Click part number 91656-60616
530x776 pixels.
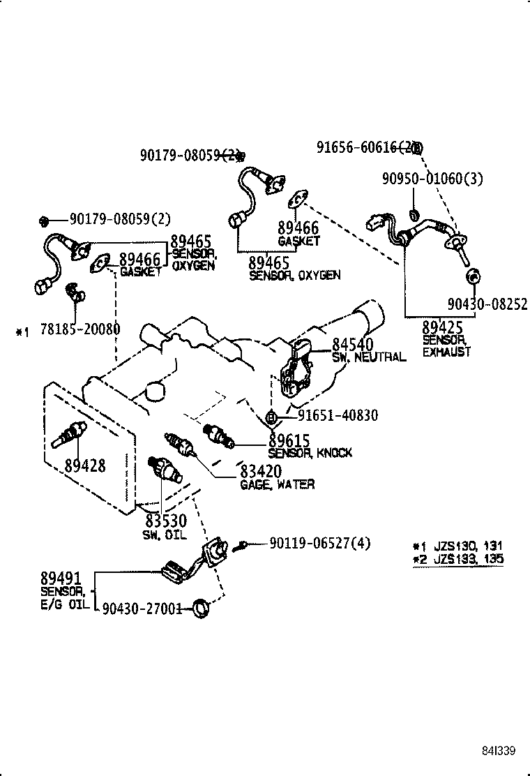click(x=356, y=147)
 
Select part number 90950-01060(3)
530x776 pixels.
click(x=432, y=179)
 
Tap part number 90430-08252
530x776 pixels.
click(x=486, y=304)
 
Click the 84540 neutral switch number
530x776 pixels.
click(x=352, y=344)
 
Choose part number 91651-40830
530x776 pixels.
click(x=338, y=416)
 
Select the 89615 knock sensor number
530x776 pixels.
click(x=289, y=440)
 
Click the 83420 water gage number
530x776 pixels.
click(x=261, y=472)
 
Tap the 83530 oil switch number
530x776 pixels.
click(x=166, y=521)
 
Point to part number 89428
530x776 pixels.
click(x=85, y=465)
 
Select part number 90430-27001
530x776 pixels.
click(x=142, y=609)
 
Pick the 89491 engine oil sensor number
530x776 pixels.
click(x=61, y=578)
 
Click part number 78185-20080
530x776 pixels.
click(x=80, y=329)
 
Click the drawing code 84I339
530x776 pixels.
click(x=497, y=751)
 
